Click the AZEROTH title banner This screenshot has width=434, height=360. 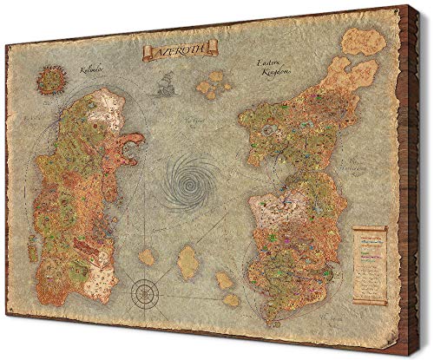click(x=178, y=53)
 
